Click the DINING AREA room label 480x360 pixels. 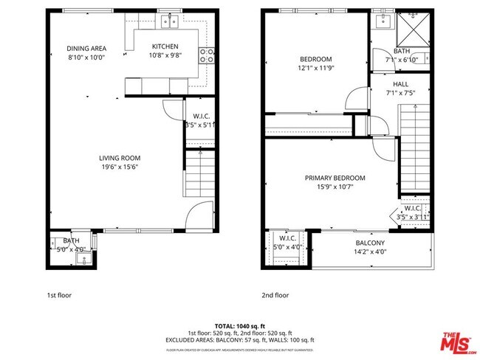click(88, 48)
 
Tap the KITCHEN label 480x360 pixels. click(164, 46)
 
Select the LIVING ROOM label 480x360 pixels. click(120, 158)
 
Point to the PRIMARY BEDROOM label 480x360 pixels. click(335, 178)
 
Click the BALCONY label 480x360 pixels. click(370, 243)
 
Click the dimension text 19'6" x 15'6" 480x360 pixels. click(120, 167)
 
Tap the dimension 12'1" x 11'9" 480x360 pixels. click(316, 68)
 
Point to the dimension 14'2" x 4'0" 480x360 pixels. click(370, 252)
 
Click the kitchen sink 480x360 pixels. click(169, 21)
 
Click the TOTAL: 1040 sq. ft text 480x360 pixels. click(240, 326)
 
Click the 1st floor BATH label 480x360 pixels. click(71, 240)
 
